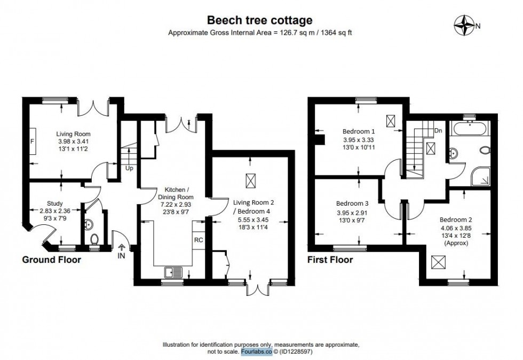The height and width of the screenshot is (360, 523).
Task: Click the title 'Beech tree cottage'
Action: [x=259, y=21]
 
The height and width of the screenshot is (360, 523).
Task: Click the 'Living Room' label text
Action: [x=74, y=134]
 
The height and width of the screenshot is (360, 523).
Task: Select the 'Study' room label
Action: [x=55, y=204]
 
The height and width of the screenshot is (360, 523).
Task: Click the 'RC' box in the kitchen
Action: [x=198, y=240]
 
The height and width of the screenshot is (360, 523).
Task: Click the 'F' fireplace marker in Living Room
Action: [x=32, y=141]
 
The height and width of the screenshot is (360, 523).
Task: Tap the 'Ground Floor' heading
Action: [x=51, y=260]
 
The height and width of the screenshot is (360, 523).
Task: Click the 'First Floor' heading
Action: [x=330, y=260]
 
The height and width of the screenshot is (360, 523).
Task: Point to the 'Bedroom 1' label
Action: [x=359, y=131]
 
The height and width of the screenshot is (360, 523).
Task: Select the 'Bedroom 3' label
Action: [x=352, y=204]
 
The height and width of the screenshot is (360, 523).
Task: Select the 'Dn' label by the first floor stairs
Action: [x=438, y=131]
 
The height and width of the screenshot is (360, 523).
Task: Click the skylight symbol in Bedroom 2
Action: [x=439, y=262]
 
